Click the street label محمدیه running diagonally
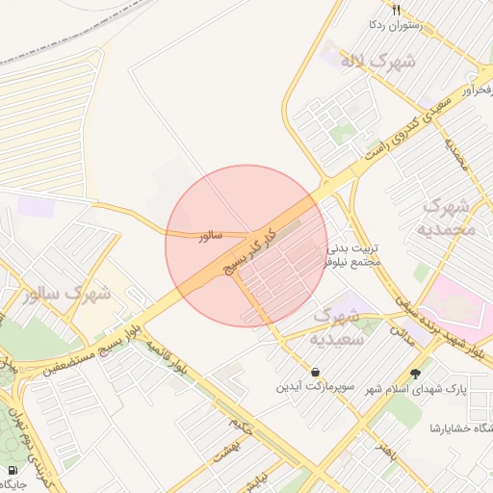(x=455, y=154)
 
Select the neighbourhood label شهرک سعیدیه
(x=337, y=325)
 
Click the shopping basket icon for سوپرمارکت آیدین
(x=316, y=372)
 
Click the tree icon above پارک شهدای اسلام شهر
(x=416, y=374)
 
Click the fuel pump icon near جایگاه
(x=13, y=471)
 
